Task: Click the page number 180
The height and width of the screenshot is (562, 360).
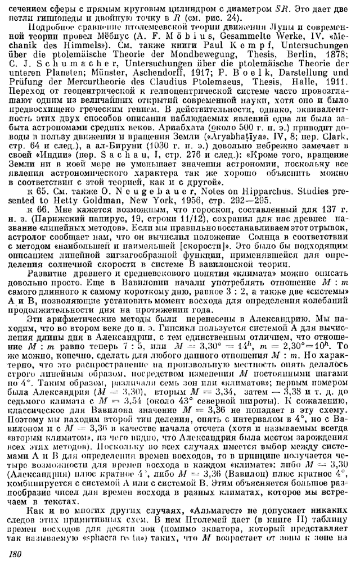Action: click(18, 554)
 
